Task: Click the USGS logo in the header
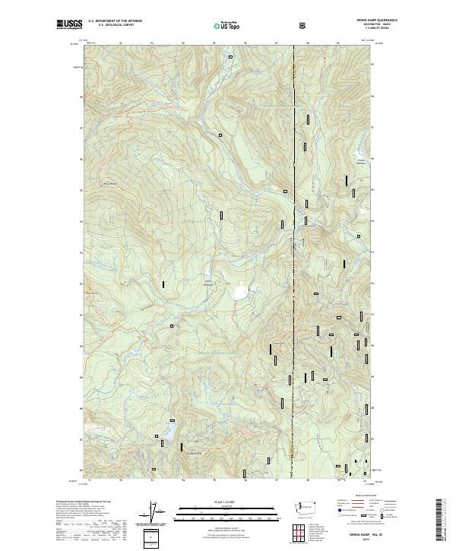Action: click(69, 25)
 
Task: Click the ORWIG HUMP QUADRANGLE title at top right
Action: click(348, 21)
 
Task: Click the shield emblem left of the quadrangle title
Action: click(305, 24)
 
